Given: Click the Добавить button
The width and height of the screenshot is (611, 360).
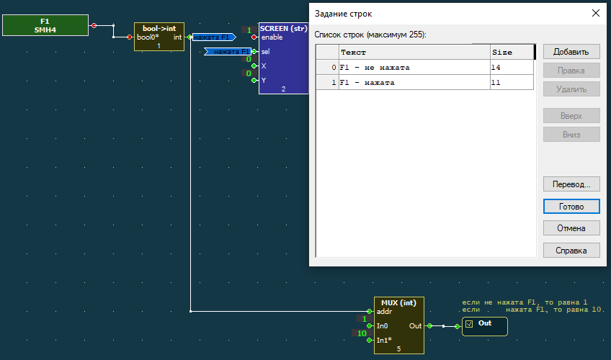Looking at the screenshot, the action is pyautogui.click(x=571, y=52).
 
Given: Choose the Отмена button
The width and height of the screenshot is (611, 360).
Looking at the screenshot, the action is pyautogui.click(x=571, y=228).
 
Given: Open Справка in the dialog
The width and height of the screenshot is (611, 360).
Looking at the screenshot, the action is pyautogui.click(x=571, y=251).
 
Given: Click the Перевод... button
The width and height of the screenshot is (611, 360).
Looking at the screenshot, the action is pyautogui.click(x=571, y=184).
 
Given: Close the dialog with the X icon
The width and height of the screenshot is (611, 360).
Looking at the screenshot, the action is pyautogui.click(x=595, y=13).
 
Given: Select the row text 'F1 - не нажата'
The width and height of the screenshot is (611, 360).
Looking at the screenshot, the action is pyautogui.click(x=375, y=68).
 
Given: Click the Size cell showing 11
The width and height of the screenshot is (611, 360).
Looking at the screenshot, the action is pyautogui.click(x=512, y=83).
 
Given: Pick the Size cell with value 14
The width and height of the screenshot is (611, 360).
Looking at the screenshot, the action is pyautogui.click(x=512, y=68).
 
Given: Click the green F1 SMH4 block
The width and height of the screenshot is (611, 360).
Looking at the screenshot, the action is pyautogui.click(x=45, y=25).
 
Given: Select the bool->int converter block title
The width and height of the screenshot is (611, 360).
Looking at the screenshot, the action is pyautogui.click(x=159, y=28).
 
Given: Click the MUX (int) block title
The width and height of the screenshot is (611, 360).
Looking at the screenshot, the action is pyautogui.click(x=398, y=303).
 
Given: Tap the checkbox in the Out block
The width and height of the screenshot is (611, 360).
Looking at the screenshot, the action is pyautogui.click(x=469, y=324).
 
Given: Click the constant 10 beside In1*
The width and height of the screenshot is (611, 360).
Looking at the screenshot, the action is pyautogui.click(x=362, y=333).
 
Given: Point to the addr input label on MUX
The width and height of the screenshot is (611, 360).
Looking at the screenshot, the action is pyautogui.click(x=384, y=311).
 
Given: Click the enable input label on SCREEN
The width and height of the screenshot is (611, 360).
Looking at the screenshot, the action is pyautogui.click(x=272, y=37).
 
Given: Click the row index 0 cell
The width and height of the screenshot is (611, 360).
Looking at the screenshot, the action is pyautogui.click(x=327, y=68).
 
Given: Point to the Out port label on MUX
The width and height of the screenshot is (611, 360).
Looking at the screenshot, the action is pyautogui.click(x=415, y=325).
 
